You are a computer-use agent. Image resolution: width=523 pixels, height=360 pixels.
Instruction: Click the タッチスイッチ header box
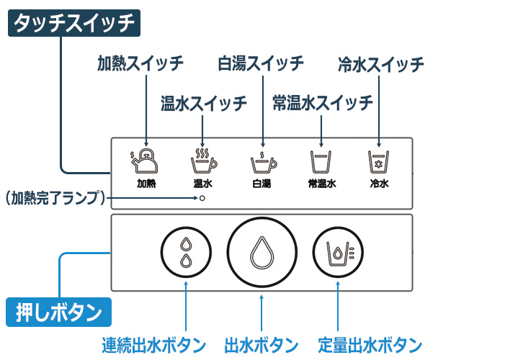coord(73,24)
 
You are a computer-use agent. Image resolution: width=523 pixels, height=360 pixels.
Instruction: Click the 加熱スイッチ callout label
coord(140,63)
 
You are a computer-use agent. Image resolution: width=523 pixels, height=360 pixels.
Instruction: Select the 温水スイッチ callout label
coord(204,102)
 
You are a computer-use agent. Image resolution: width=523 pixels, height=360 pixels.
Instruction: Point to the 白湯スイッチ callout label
coord(261,63)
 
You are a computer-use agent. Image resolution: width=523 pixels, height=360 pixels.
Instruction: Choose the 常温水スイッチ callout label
coord(323,102)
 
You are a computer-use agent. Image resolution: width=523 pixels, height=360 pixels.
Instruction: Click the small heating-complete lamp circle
coord(203,197)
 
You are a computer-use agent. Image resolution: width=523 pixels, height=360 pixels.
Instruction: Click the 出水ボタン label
coord(261,344)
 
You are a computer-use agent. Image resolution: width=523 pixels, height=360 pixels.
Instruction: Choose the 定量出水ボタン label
coord(370,344)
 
